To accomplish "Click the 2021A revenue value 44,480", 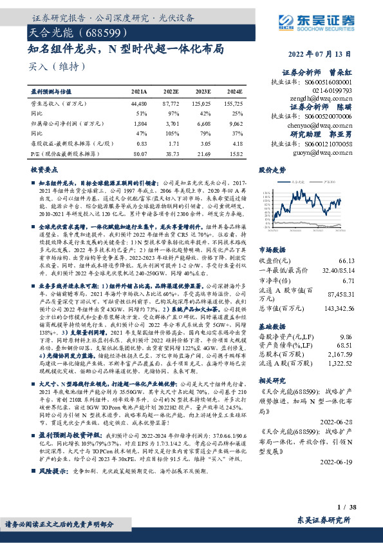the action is [x=138, y=103].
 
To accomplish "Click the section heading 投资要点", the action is [x=44, y=169].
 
